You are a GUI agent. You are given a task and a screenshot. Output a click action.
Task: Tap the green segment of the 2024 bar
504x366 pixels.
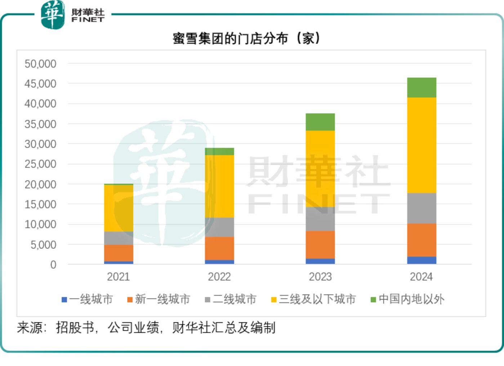point(421,88)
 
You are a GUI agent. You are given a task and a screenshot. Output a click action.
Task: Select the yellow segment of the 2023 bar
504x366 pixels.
point(320,168)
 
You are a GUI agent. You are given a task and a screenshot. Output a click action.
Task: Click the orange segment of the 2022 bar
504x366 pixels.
point(219,248)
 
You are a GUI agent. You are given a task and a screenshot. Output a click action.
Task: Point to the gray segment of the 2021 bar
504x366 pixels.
point(119,238)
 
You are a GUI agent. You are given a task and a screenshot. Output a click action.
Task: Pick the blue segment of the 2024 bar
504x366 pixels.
point(421,260)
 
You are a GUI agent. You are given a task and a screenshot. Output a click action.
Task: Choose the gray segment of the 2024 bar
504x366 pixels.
point(421,208)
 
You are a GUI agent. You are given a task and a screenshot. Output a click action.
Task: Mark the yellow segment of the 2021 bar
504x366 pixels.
point(119,208)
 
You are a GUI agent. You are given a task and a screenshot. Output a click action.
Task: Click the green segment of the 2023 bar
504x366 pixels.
point(320,122)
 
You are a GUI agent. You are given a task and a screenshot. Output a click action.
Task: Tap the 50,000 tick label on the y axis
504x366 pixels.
point(40,64)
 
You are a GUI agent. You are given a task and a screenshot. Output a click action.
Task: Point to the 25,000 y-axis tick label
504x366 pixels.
point(40,164)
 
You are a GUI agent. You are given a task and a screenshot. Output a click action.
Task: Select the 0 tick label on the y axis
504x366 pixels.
point(53,265)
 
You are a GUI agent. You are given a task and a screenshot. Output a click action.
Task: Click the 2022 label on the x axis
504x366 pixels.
point(219,277)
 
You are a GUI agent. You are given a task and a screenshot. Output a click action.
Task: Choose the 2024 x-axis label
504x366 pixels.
point(421,277)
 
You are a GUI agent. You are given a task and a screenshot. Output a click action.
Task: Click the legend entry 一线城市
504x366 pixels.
point(88,299)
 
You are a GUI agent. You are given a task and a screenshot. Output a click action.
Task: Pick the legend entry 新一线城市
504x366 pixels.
point(159,299)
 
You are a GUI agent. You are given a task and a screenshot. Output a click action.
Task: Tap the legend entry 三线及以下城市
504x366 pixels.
point(313,299)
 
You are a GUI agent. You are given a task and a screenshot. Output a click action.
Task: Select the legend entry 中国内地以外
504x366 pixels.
point(408,299)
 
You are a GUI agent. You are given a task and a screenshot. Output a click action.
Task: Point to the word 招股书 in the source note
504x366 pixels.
point(75,328)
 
